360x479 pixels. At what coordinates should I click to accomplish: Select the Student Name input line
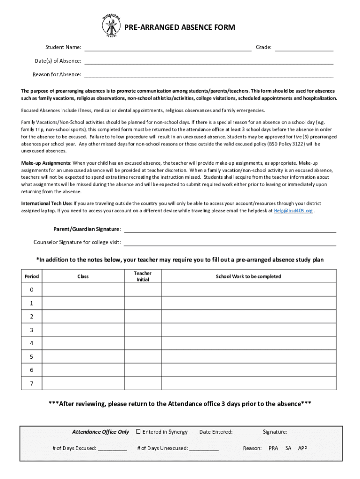[x=167, y=48]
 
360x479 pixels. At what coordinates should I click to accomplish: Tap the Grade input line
[x=303, y=48]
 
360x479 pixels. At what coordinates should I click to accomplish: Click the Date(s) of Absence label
[x=58, y=61]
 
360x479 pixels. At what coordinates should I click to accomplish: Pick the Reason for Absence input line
[x=209, y=74]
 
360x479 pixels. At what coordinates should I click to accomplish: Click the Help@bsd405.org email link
[x=293, y=211]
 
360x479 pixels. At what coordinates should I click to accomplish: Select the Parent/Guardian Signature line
[x=230, y=229]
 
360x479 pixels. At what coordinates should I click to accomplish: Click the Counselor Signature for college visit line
[x=230, y=242]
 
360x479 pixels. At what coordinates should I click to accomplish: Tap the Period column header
[x=32, y=276]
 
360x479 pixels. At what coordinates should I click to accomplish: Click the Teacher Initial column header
[x=143, y=276]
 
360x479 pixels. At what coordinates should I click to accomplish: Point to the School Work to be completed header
[x=248, y=276]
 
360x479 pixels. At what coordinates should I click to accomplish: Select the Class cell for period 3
[x=83, y=330]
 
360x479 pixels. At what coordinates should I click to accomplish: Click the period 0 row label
[x=32, y=290]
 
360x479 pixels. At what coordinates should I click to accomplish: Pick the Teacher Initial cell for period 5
[x=143, y=356]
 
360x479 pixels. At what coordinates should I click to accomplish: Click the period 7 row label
[x=32, y=383]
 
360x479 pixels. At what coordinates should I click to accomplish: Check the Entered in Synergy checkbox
[x=138, y=432]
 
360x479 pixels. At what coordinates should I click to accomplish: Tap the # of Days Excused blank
[x=112, y=448]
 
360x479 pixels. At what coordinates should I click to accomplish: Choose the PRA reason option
[x=273, y=448]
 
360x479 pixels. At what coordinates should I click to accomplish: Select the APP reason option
[x=302, y=448]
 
